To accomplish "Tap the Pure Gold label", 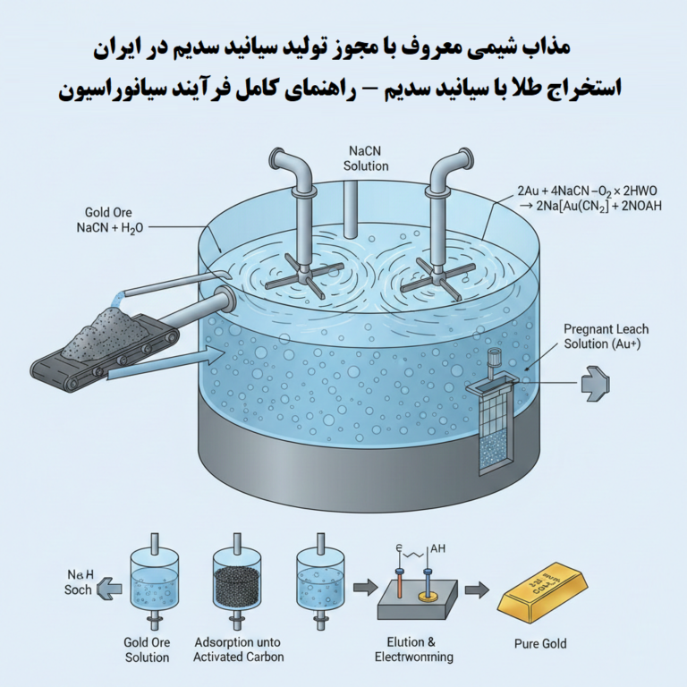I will (x=539, y=643).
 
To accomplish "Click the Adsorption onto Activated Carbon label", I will (x=239, y=649).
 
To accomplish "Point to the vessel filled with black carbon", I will (x=238, y=579).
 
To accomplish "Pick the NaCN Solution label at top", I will (x=366, y=158).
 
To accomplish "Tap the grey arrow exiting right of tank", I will (x=594, y=383).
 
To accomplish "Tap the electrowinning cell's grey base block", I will (x=418, y=600).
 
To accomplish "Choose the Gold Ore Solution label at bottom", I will (x=147, y=649).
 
